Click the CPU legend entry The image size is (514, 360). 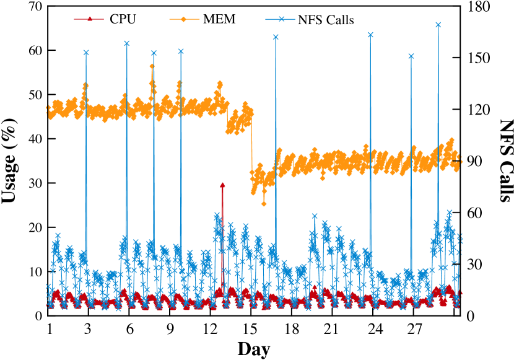[123, 19]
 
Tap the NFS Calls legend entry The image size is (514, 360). [326, 19]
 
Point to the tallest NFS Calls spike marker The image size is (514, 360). [438, 25]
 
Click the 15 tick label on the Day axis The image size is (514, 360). [251, 328]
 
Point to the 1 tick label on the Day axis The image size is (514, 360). [48, 328]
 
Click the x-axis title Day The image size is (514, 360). [253, 349]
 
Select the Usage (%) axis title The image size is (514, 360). [11, 161]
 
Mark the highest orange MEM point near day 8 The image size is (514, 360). [152, 66]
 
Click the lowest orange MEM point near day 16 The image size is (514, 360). [264, 203]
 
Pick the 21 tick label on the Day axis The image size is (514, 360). [332, 328]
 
